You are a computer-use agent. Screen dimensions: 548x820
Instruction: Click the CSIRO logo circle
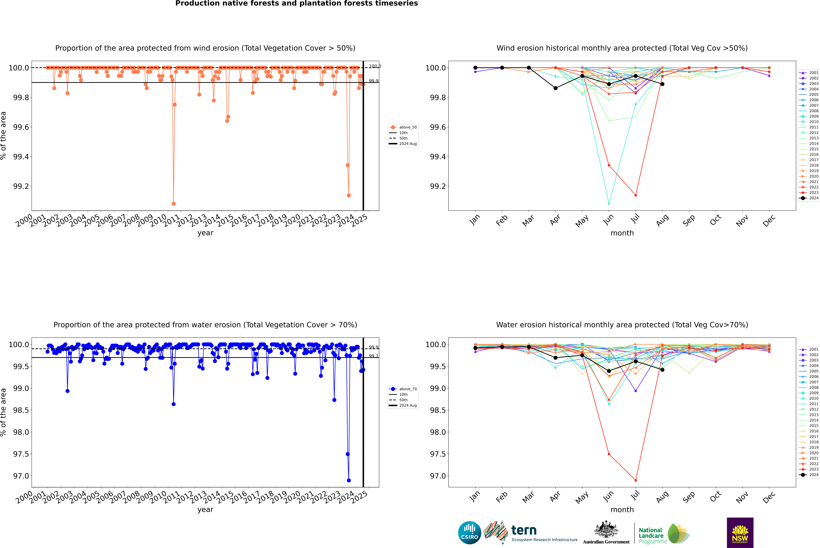click(469, 533)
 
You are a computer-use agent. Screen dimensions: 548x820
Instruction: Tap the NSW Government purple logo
click(740, 533)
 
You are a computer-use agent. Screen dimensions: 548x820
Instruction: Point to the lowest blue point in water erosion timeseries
click(348, 480)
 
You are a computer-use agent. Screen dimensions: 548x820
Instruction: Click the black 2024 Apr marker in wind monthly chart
click(555, 88)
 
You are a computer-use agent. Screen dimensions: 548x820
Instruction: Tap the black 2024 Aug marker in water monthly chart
click(662, 370)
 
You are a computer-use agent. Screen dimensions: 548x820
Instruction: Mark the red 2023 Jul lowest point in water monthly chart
click(635, 480)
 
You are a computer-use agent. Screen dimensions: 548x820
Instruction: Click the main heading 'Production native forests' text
click(296, 3)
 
